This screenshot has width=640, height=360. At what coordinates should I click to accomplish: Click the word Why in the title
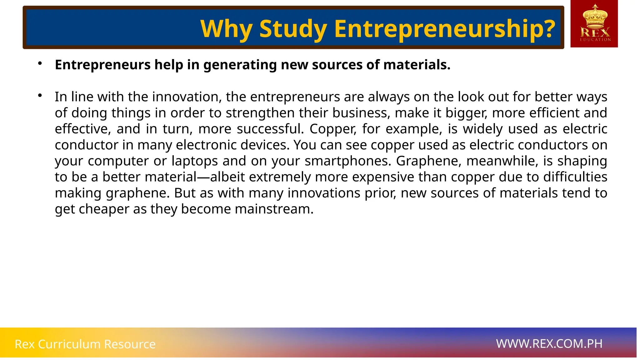(226, 29)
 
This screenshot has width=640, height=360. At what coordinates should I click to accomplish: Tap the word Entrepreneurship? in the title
(445, 29)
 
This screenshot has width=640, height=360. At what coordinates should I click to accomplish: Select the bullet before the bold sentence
(40, 64)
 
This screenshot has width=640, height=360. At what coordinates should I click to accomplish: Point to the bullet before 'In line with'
(40, 96)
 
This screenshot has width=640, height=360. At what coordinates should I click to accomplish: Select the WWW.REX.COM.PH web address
(549, 344)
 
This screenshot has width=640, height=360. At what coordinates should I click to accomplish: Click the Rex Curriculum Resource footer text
(85, 344)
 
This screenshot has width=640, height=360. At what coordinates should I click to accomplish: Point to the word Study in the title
(293, 29)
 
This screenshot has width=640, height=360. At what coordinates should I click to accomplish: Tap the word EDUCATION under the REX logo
(595, 40)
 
